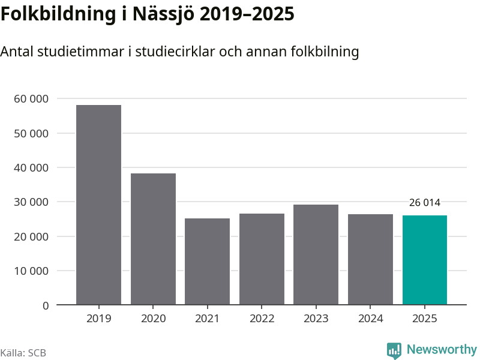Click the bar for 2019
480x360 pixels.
tap(98, 205)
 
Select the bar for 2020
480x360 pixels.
tap(153, 239)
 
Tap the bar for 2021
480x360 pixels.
tap(207, 262)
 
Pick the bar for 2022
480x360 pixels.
tap(262, 259)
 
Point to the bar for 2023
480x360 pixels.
tap(316, 254)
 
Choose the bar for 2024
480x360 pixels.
tap(370, 259)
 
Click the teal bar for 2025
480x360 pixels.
tap(425, 260)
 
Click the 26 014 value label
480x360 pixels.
tap(425, 203)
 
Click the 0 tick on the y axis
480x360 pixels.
tap(46, 305)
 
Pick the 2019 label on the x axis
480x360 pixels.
tap(98, 318)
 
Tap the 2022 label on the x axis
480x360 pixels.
tap(262, 318)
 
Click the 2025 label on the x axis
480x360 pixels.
tap(425, 318)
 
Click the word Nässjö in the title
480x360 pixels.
tap(164, 14)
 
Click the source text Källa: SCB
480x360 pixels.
tap(23, 353)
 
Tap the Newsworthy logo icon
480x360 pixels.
tap(394, 350)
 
